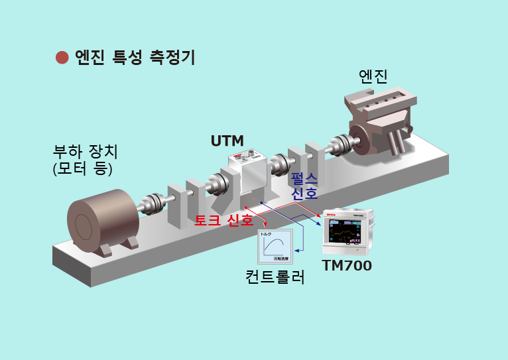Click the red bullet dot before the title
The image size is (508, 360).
pyautogui.click(x=62, y=57)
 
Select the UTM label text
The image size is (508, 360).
pyautogui.click(x=227, y=141)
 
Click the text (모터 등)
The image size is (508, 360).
pyautogui.click(x=82, y=168)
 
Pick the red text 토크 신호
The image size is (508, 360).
pyautogui.click(x=223, y=220)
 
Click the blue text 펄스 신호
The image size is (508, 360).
pyautogui.click(x=304, y=186)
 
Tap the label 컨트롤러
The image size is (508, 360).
pyautogui.click(x=275, y=276)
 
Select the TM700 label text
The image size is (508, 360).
pyautogui.click(x=346, y=266)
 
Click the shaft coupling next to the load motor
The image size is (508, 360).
pyautogui.click(x=153, y=202)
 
